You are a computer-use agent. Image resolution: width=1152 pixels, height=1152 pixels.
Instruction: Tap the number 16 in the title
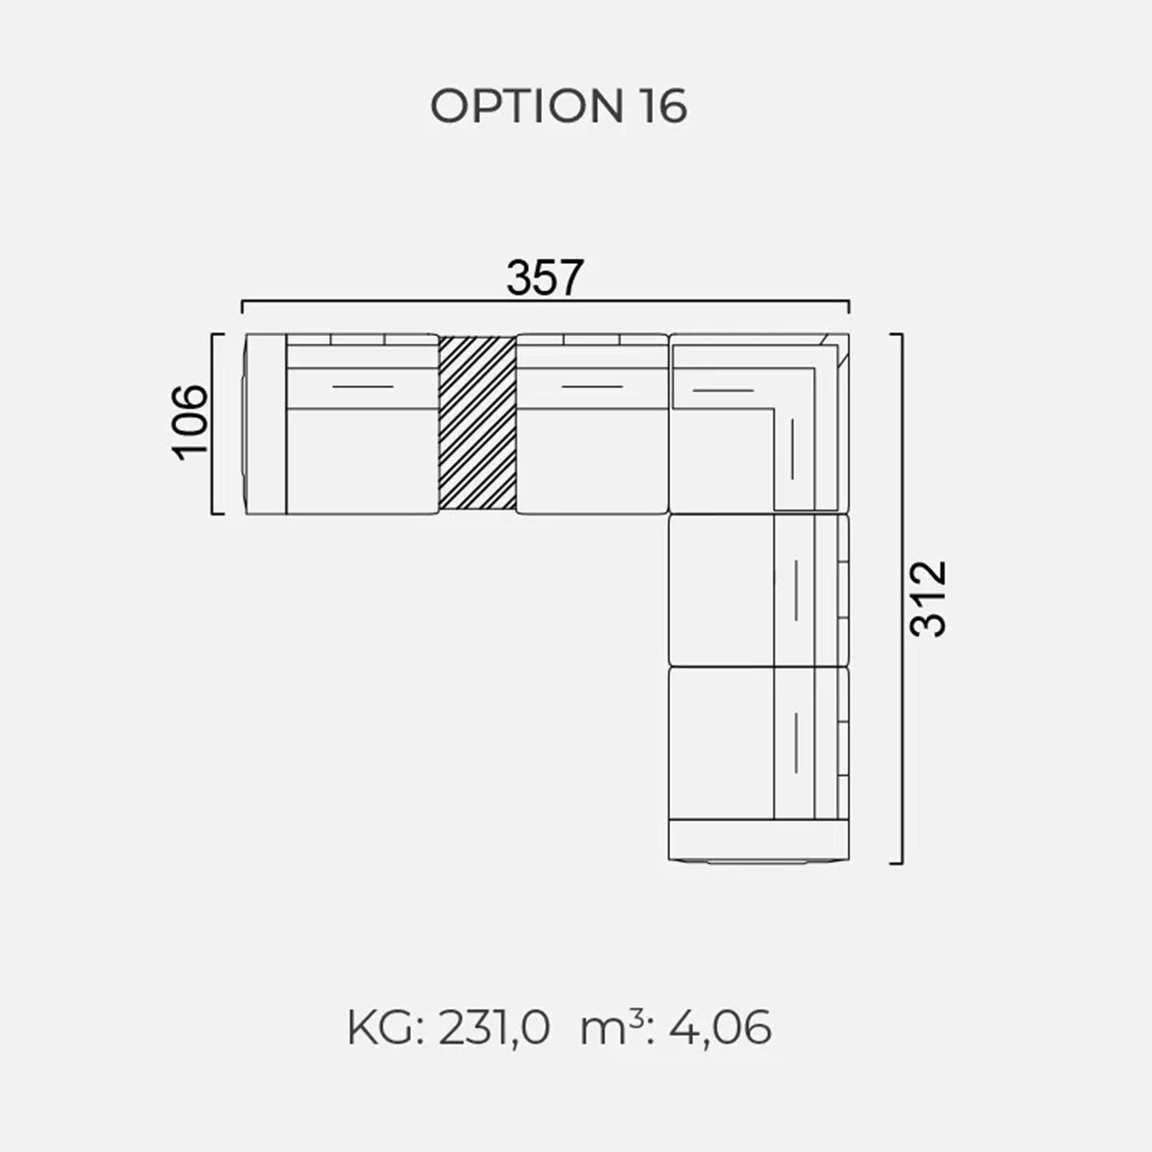pyautogui.click(x=664, y=107)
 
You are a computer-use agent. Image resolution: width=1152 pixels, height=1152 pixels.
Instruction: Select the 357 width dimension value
pyautogui.click(x=544, y=277)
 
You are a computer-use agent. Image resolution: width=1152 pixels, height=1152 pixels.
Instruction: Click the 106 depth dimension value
pyautogui.click(x=190, y=422)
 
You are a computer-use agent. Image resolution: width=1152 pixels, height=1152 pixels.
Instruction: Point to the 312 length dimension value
pyautogui.click(x=928, y=598)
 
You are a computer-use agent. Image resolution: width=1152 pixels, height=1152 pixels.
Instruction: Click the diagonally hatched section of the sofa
pyautogui.click(x=477, y=423)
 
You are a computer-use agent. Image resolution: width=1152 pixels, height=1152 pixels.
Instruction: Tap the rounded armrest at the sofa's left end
pyautogui.click(x=265, y=424)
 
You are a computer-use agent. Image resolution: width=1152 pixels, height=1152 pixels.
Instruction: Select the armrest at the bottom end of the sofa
pyautogui.click(x=758, y=841)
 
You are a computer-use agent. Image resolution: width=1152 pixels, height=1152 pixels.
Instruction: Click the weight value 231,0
pyautogui.click(x=493, y=1028)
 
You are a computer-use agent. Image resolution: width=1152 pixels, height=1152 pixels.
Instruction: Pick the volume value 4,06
pyautogui.click(x=720, y=1028)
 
